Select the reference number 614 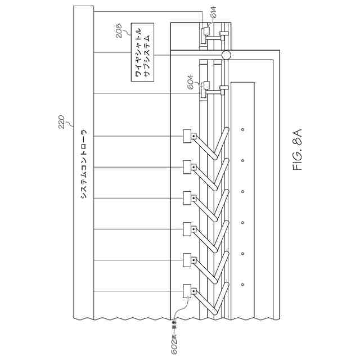click(x=213, y=17)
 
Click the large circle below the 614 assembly click(x=226, y=56)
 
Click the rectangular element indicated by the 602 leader click(x=187, y=290)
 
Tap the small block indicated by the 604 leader click(x=206, y=85)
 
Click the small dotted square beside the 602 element click(x=193, y=291)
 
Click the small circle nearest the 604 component click(x=242, y=130)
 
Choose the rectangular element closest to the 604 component click(x=187, y=136)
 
